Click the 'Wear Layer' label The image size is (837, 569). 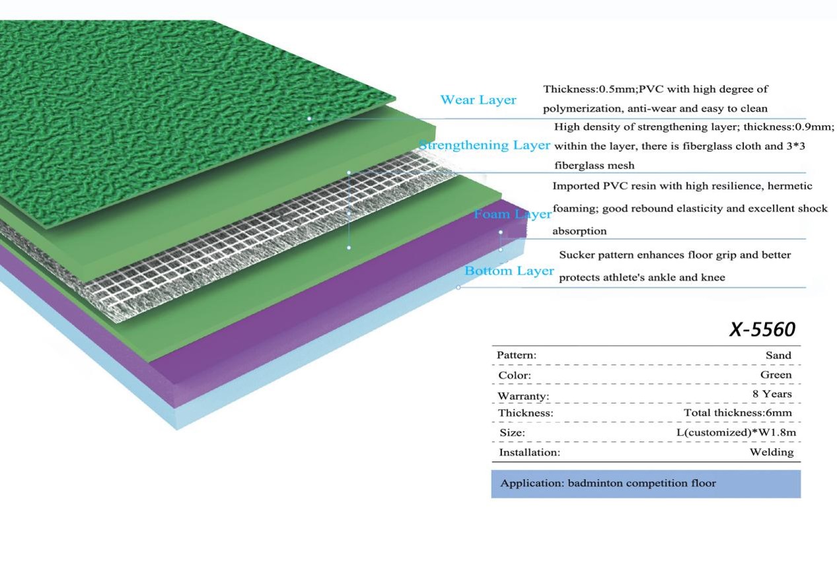[x=478, y=100]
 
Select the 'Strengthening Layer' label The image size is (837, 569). [x=485, y=145]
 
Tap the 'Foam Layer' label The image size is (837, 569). [x=513, y=214]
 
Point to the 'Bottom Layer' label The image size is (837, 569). [x=509, y=271]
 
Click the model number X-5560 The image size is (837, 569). [x=762, y=329]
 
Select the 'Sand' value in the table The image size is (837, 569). [x=778, y=355]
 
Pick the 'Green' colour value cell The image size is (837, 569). [x=776, y=375]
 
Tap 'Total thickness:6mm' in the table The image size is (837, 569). [x=737, y=413]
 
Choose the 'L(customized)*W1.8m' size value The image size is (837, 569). [x=732, y=432]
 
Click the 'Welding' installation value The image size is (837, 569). [x=771, y=452]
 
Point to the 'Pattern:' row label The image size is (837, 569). [x=517, y=355]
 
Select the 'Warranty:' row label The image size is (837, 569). [x=523, y=396]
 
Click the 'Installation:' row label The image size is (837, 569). [x=529, y=453]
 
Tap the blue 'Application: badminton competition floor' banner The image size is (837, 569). [x=645, y=483]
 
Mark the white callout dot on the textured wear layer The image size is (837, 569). [x=309, y=119]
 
